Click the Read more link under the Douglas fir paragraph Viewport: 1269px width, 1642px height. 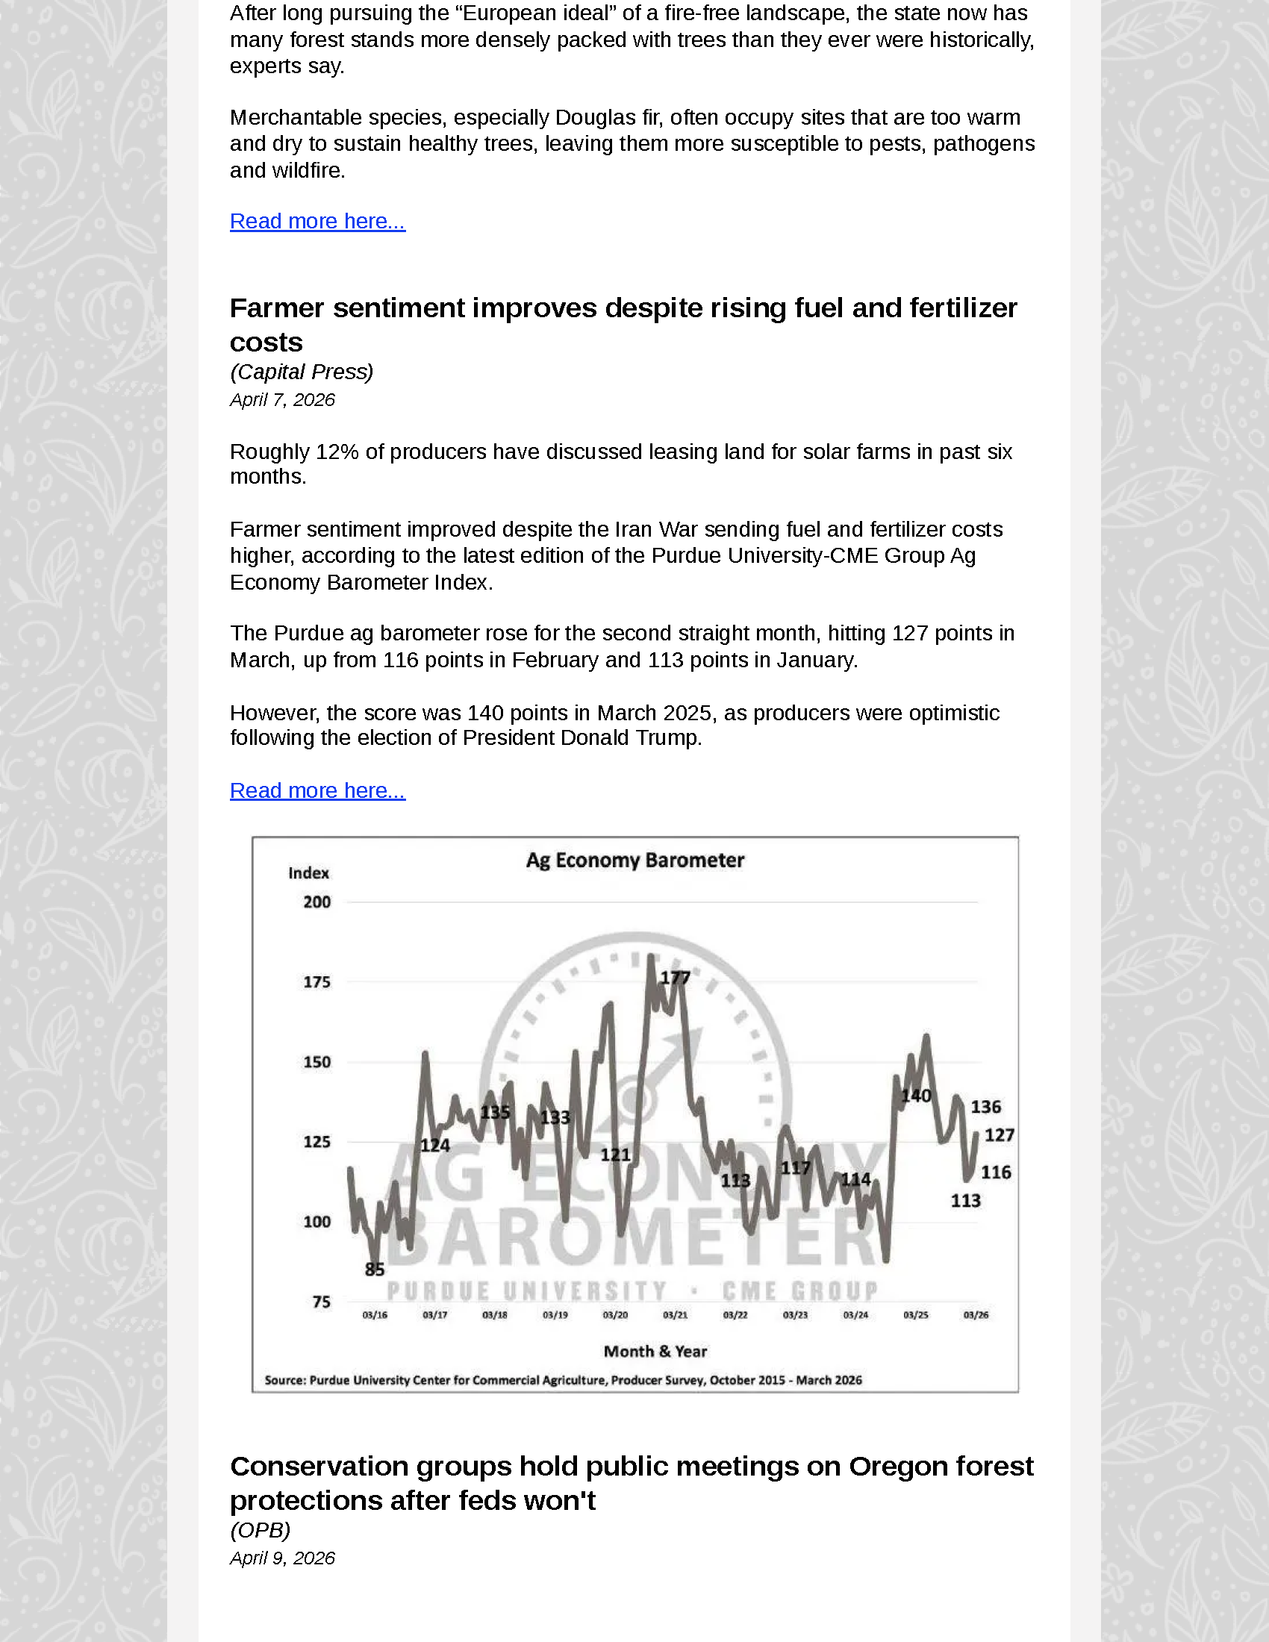(x=317, y=221)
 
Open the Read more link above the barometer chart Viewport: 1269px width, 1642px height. (x=317, y=790)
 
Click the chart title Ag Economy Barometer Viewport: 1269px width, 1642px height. (x=634, y=860)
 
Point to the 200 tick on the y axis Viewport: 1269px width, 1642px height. (x=317, y=902)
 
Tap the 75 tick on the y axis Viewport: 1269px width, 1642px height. (x=321, y=1302)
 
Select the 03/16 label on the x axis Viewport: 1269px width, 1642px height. (x=375, y=1315)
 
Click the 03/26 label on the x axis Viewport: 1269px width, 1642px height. (x=976, y=1315)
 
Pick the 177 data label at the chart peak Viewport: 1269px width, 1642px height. (x=674, y=978)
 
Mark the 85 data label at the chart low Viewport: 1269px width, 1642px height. (x=375, y=1270)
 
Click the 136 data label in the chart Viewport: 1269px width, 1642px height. (x=985, y=1107)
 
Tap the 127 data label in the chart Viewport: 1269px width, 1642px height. (x=999, y=1135)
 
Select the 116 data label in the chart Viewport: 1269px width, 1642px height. (x=995, y=1172)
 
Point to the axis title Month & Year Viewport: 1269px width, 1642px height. (x=655, y=1351)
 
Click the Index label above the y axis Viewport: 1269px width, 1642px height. (x=308, y=873)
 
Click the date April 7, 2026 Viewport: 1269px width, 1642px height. (x=283, y=400)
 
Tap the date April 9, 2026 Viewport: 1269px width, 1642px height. (x=283, y=1558)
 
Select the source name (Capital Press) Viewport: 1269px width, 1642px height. (x=302, y=372)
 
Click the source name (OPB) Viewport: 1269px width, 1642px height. (x=260, y=1530)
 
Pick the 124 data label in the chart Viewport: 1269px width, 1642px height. (x=434, y=1145)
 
